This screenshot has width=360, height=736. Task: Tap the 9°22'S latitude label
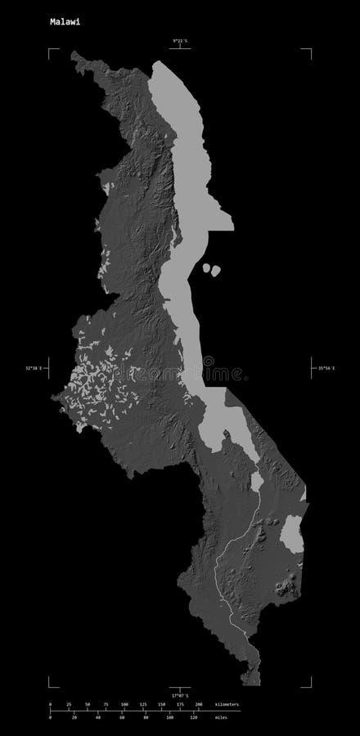click(180, 40)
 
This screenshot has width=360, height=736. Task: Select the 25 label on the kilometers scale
click(69, 703)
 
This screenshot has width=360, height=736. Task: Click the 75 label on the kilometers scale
click(106, 703)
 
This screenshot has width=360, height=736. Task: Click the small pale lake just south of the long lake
click(256, 481)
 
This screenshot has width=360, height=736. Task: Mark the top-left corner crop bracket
click(51, 52)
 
